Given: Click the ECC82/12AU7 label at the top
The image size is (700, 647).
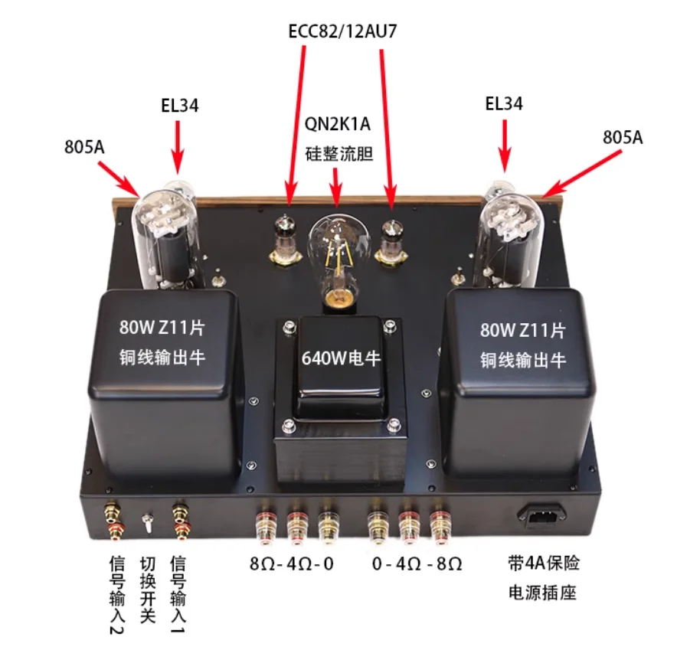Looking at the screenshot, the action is pyautogui.click(x=344, y=31).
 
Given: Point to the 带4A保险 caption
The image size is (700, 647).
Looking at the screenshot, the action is pyautogui.click(x=545, y=564).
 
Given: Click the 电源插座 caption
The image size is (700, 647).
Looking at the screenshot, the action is pyautogui.click(x=545, y=592).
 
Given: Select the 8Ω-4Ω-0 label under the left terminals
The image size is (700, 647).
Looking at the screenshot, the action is pyautogui.click(x=293, y=564).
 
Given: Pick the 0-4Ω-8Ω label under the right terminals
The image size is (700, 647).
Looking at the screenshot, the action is pyautogui.click(x=417, y=564).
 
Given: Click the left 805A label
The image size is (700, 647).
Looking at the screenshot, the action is pyautogui.click(x=84, y=146).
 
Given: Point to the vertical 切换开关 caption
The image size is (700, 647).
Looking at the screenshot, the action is pyautogui.click(x=148, y=590).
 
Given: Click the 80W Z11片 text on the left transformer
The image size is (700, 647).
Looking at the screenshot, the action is pyautogui.click(x=162, y=331).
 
